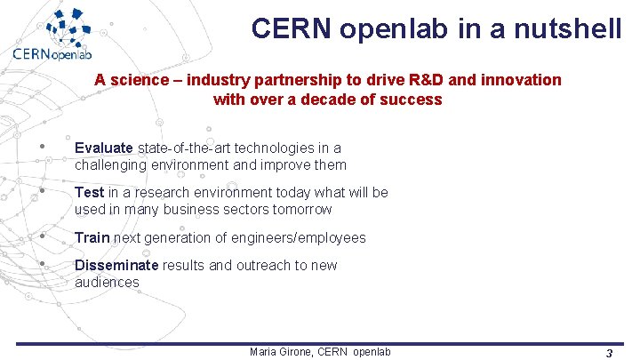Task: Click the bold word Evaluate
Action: coord(104,148)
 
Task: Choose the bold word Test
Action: coord(89,192)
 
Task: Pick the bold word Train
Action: coord(92,237)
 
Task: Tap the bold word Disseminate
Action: coord(116,265)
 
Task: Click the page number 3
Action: coord(609,353)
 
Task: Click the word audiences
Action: coord(107,283)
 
